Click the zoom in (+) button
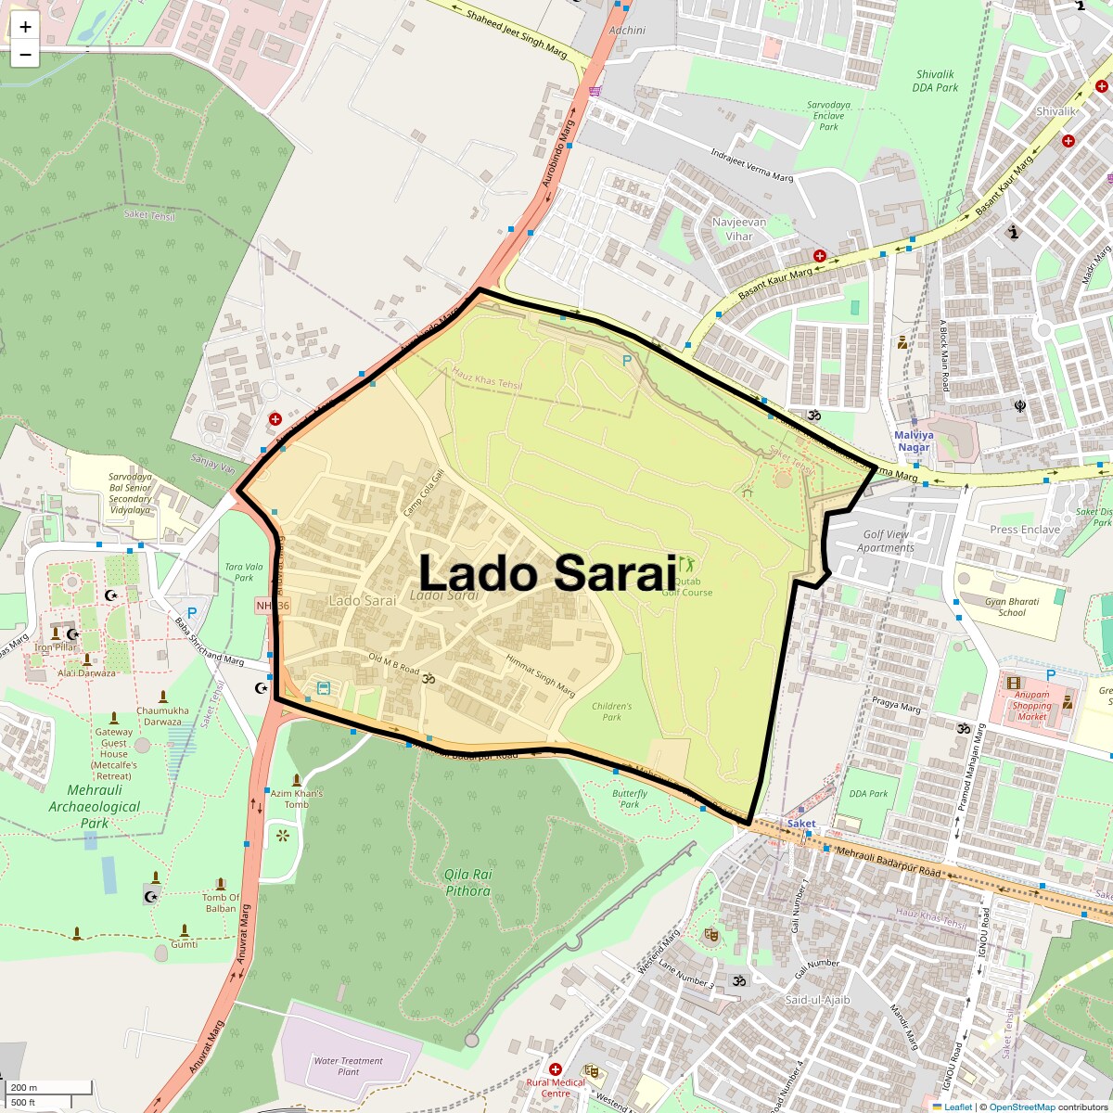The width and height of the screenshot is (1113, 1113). click(25, 27)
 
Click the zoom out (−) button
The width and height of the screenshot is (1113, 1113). click(25, 54)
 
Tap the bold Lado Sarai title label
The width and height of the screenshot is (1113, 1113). click(547, 572)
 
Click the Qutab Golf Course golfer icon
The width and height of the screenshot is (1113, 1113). click(686, 563)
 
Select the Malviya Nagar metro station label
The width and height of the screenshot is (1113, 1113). click(914, 441)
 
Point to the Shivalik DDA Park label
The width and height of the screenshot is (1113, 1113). click(935, 81)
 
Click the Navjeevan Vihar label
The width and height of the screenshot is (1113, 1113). click(739, 229)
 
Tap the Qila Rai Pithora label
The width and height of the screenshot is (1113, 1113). click(467, 882)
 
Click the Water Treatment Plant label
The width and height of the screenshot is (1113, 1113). click(348, 1066)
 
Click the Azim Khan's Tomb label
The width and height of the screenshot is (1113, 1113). click(296, 799)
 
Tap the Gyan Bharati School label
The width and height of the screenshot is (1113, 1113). click(1012, 607)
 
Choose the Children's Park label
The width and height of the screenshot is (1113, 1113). click(611, 711)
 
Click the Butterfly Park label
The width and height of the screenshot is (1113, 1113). click(630, 799)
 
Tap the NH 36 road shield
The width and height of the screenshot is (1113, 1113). click(274, 606)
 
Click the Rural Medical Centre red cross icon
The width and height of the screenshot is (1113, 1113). click(555, 1069)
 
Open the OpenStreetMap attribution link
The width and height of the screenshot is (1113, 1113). click(1021, 1107)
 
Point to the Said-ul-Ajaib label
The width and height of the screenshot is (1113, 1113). click(817, 1000)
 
